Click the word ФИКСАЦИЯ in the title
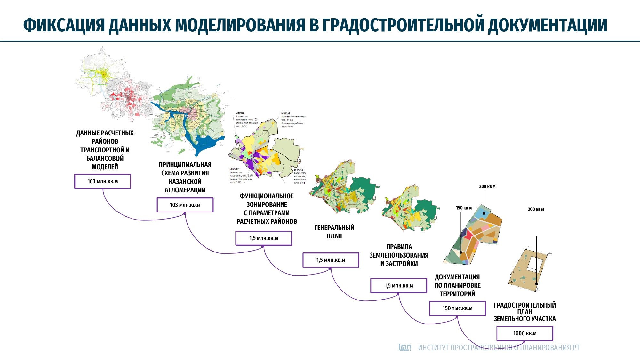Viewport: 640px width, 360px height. [x=64, y=25]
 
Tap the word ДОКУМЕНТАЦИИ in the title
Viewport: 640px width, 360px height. [x=548, y=25]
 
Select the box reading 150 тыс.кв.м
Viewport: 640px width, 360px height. [x=457, y=308]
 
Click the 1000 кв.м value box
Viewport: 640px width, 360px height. [x=524, y=333]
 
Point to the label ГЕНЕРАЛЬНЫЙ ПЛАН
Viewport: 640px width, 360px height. [x=334, y=232]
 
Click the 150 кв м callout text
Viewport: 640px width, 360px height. [x=464, y=208]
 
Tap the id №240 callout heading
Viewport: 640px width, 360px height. [x=240, y=113]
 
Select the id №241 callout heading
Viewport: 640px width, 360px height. [x=285, y=113]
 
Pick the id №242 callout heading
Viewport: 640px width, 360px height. [x=234, y=169]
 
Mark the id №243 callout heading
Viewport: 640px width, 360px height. [x=298, y=170]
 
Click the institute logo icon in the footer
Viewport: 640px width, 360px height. [x=405, y=347]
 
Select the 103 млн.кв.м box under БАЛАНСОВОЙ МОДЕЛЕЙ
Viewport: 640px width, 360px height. [x=102, y=181]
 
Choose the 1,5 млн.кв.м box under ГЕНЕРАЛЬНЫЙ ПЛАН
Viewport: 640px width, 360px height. [x=331, y=260]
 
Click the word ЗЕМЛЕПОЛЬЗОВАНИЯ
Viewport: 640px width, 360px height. [x=399, y=255]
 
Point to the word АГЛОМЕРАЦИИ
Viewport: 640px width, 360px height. [x=185, y=190]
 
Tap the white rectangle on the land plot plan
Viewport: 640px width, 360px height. [x=535, y=264]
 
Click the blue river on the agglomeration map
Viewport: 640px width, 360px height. [x=205, y=144]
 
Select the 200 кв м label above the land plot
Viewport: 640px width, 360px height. [x=536, y=209]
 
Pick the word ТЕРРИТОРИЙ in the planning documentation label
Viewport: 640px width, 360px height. [x=457, y=294]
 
